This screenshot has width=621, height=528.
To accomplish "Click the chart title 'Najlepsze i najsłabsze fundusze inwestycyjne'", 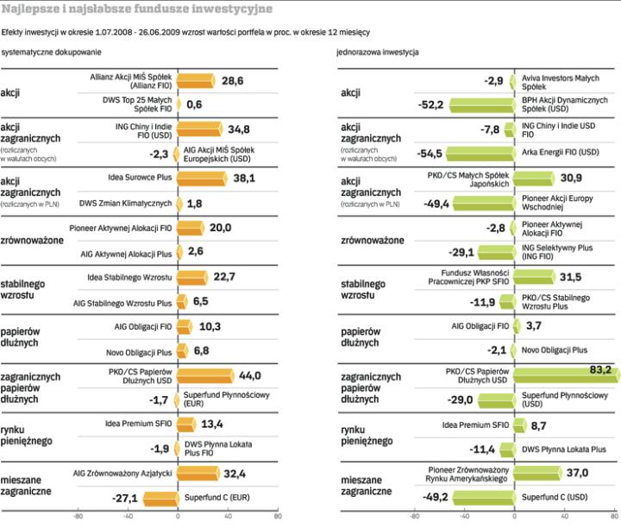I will (137, 9).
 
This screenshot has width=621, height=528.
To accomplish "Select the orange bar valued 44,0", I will (205, 376).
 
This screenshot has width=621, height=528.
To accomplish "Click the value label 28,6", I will (233, 80).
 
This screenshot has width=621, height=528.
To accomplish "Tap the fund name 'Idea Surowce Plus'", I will (137, 178).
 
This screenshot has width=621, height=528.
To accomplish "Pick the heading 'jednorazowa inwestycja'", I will (378, 53).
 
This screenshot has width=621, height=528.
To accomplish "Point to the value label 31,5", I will (570, 277).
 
